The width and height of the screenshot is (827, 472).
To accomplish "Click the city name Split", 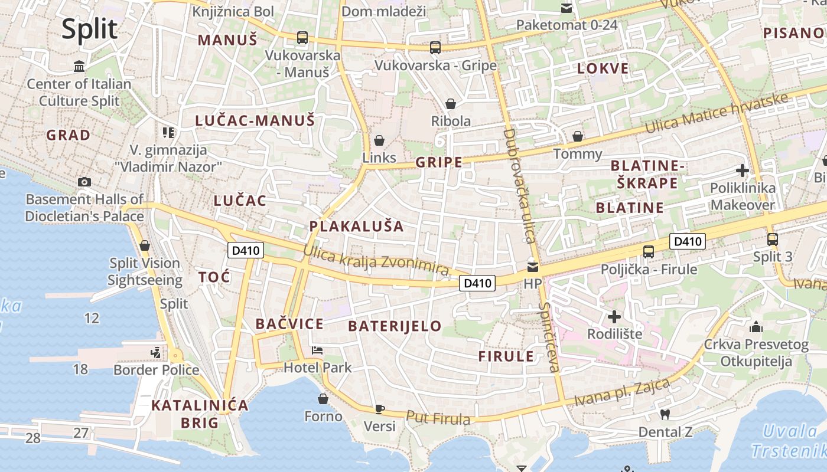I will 90,28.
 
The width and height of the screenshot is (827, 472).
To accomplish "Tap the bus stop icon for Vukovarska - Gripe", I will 435,47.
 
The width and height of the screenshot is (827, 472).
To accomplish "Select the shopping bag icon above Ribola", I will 451,104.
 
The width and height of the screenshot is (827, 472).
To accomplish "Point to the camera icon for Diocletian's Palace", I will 84,182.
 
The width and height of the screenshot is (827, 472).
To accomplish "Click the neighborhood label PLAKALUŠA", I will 357,227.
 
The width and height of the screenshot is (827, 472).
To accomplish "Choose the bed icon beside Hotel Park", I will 317,350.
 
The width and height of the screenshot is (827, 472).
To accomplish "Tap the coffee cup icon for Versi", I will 379,409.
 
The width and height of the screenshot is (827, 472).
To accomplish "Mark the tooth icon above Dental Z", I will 665,415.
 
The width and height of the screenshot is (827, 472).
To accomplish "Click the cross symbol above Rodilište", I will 614,317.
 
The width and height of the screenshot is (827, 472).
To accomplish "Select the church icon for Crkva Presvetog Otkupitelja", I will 756,327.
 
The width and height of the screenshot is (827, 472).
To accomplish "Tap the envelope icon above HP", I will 533,267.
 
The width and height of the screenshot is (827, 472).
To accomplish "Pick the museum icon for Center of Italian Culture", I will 79,66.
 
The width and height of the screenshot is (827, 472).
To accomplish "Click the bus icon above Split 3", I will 772,240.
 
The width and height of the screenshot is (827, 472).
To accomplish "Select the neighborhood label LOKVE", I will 603,68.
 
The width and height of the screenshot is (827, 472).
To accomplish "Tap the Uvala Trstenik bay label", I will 789,441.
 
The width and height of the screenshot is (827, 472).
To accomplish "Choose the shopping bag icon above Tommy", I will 578,137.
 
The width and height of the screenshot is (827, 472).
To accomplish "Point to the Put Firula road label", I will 438,418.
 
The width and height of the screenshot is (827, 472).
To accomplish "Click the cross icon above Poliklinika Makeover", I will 743,171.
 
